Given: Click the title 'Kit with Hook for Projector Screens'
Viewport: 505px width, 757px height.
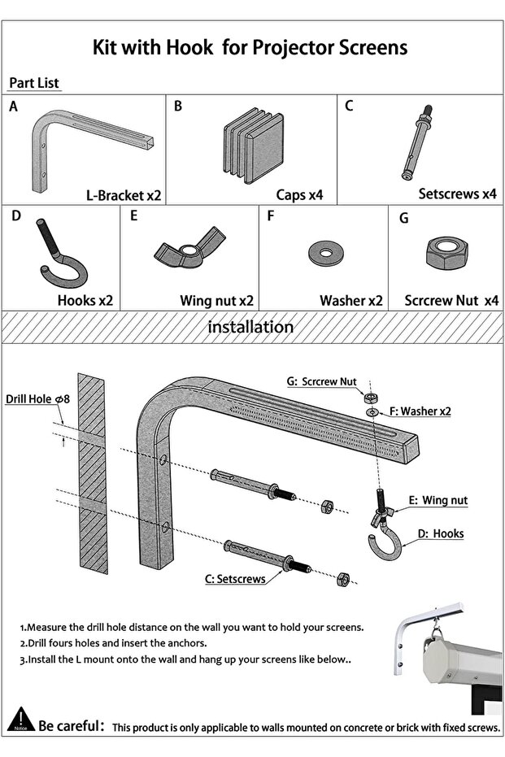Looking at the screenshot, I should tap(250, 47).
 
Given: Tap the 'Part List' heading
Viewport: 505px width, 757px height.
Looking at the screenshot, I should tap(34, 84).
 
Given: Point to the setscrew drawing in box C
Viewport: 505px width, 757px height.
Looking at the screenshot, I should tap(417, 142).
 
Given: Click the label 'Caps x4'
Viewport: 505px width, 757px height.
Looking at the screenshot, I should tap(299, 195).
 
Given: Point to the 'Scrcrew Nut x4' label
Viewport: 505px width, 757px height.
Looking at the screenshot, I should tap(451, 300).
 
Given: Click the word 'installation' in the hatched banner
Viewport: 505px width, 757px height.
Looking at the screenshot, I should tap(250, 327).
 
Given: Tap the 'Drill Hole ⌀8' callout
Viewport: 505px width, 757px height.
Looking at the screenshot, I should tap(38, 399).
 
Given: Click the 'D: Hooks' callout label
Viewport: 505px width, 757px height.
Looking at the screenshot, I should tap(441, 533).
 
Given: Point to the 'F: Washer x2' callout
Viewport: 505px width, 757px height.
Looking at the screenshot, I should tap(420, 411).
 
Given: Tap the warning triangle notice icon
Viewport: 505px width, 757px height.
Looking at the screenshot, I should tap(20, 720).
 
